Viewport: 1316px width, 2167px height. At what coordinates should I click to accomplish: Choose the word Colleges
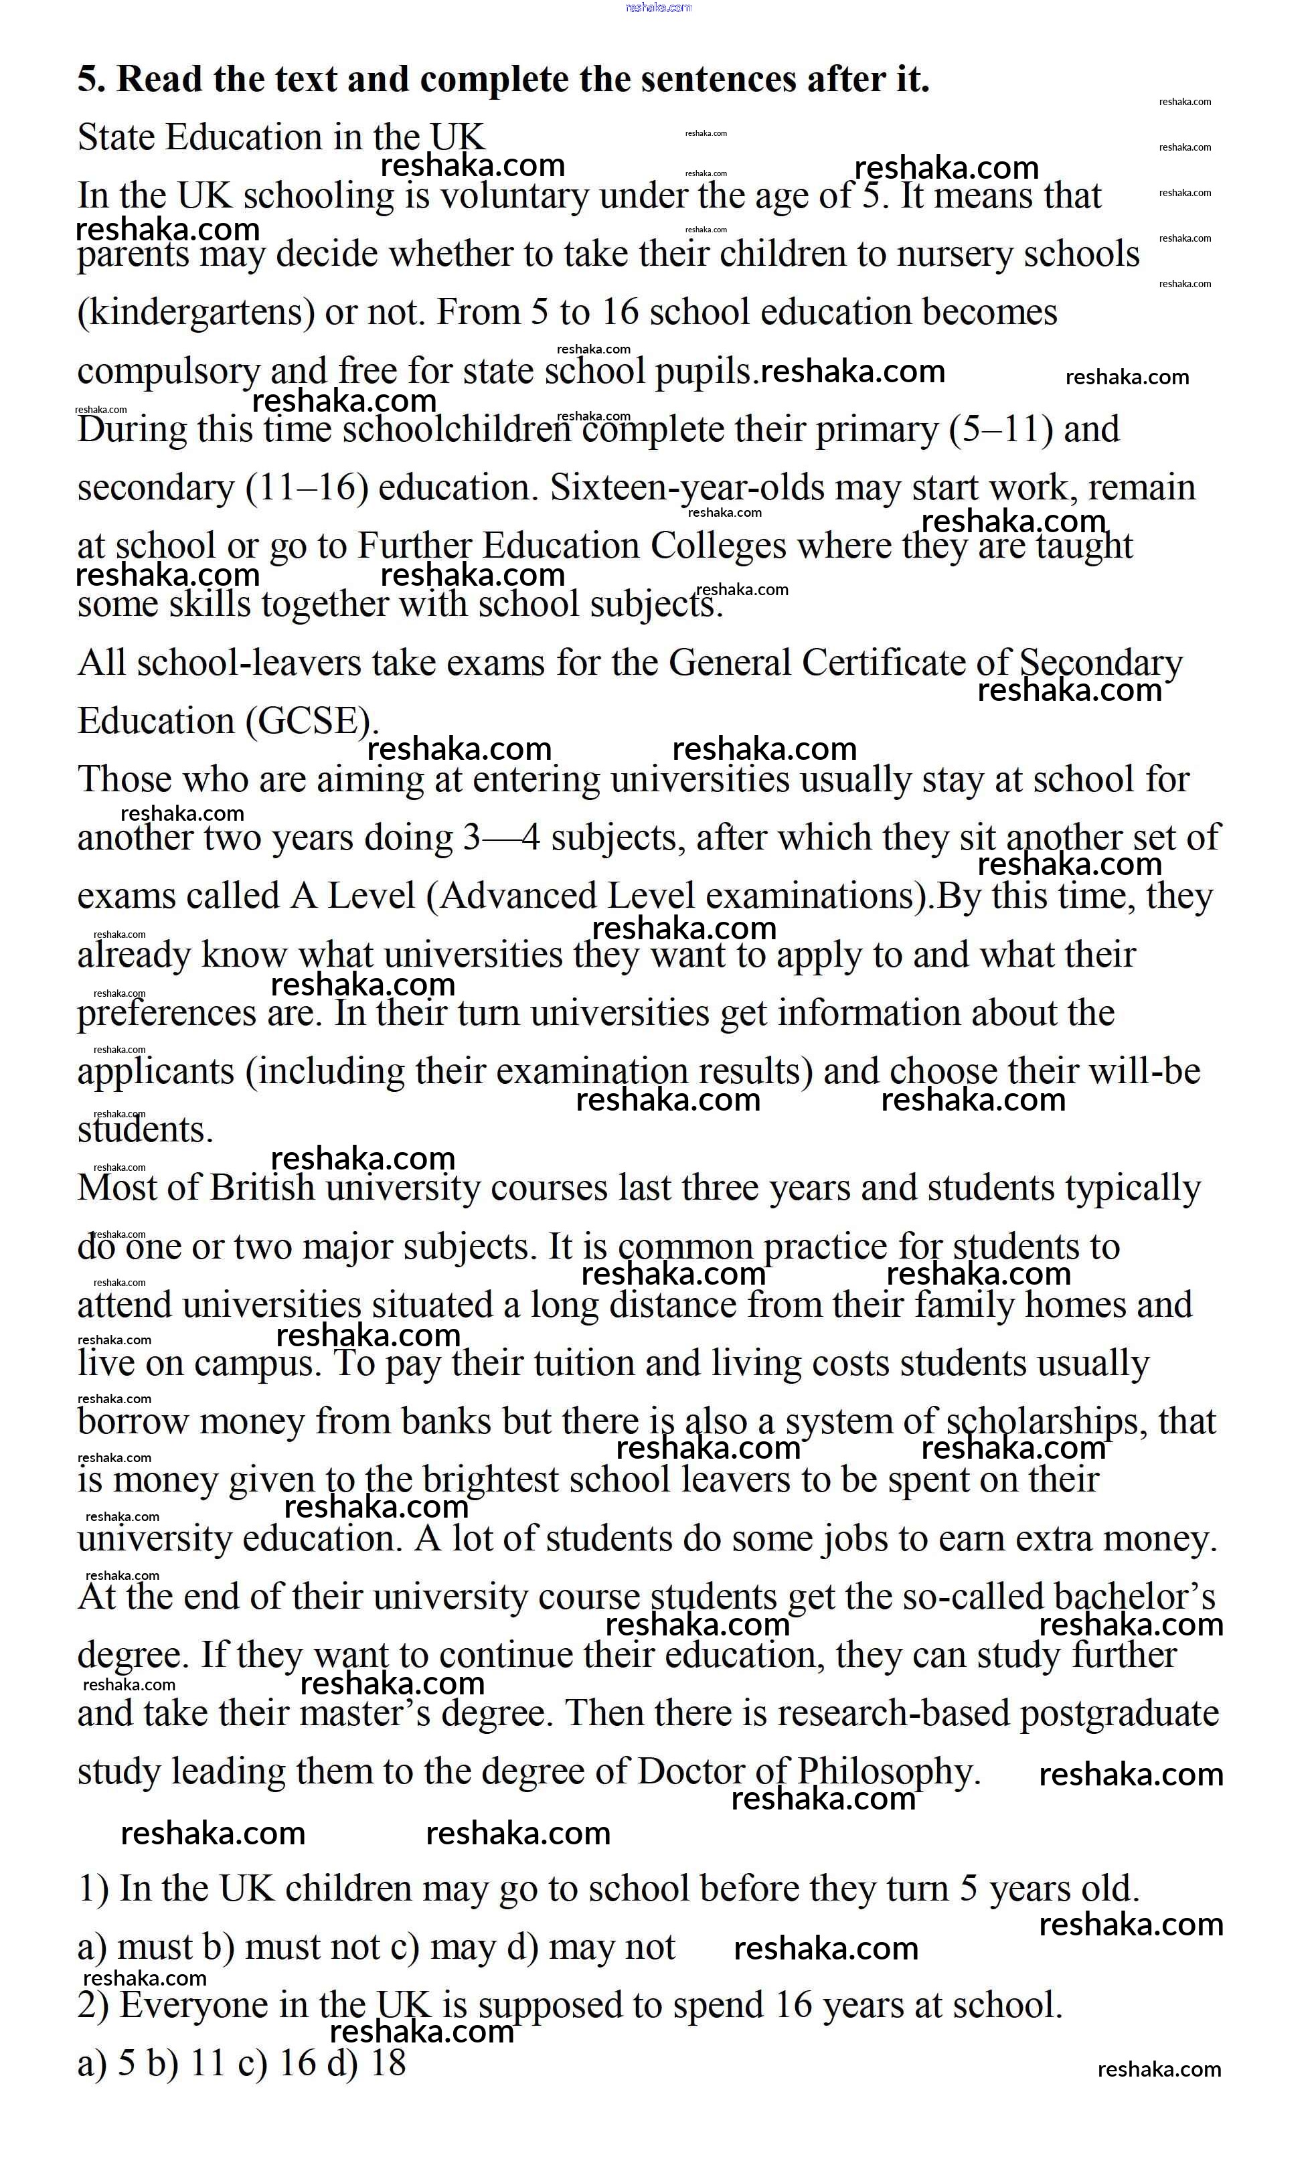[x=718, y=546]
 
